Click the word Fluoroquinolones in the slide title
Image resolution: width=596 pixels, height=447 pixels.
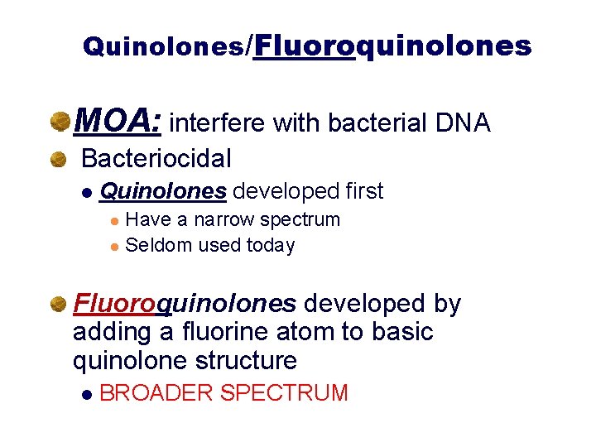click(392, 45)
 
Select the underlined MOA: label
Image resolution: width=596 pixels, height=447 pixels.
click(118, 123)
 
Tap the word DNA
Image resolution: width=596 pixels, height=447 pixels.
click(461, 123)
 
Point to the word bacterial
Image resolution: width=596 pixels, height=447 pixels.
click(377, 123)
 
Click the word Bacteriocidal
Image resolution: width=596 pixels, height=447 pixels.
click(156, 157)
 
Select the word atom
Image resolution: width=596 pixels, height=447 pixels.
click(296, 332)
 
